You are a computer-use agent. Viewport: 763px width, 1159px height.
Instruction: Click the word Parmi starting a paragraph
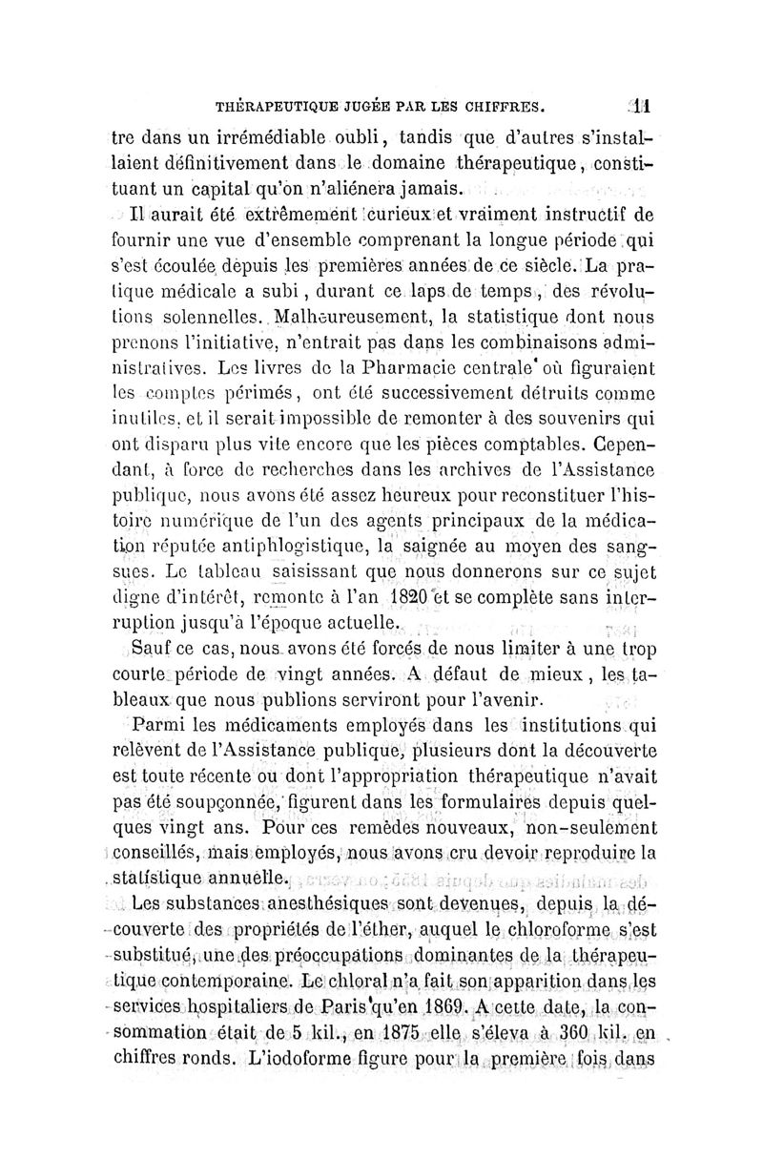(x=165, y=727)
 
